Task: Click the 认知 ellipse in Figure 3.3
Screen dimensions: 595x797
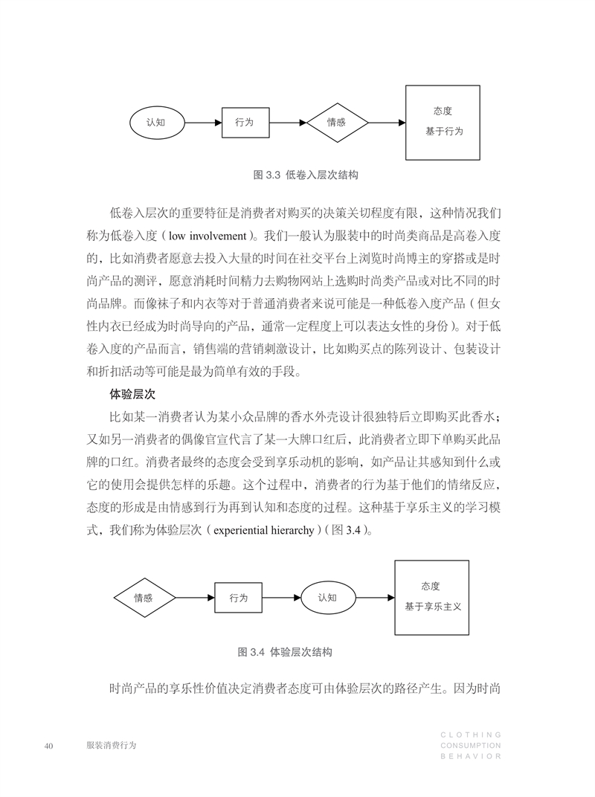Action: point(157,123)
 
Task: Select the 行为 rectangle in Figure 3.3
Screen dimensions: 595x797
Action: point(245,123)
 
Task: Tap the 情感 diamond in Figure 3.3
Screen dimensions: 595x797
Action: point(337,123)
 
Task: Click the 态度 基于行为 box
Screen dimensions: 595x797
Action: point(443,123)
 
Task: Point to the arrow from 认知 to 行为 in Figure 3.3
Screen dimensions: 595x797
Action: point(204,123)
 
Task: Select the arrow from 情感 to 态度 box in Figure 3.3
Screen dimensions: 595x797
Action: point(387,123)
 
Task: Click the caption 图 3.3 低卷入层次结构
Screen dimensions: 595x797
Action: point(306,175)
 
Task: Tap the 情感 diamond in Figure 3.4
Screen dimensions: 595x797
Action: point(144,598)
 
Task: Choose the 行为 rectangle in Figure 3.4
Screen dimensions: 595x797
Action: point(239,598)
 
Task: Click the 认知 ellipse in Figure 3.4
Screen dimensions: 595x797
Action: point(328,598)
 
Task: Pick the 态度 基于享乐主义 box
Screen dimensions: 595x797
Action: point(432,598)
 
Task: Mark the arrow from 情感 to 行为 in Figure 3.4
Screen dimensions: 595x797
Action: point(196,598)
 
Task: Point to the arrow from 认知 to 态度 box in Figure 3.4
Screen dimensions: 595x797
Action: point(375,598)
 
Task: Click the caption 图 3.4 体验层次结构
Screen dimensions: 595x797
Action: point(285,652)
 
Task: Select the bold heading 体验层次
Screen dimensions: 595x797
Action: point(132,394)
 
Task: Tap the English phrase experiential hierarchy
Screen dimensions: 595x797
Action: point(264,530)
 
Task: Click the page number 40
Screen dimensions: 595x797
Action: point(49,746)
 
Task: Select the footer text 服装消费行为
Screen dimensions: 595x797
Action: point(112,745)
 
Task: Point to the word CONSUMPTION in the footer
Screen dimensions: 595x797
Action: point(471,746)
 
